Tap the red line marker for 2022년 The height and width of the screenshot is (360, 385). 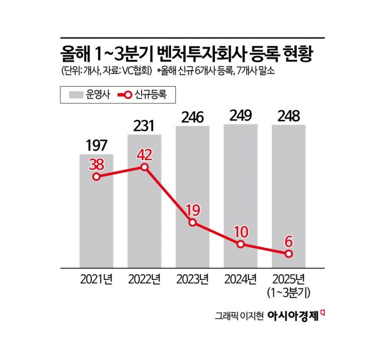click(144, 167)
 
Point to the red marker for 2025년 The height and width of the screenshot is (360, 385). click(288, 254)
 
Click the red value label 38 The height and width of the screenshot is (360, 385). click(97, 163)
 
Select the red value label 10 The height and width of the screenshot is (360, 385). click(240, 231)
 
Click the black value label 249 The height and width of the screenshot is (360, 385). click(240, 116)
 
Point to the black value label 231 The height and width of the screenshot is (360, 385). click(144, 126)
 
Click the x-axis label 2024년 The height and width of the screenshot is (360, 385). click(240, 280)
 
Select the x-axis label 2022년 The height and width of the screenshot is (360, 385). click(144, 280)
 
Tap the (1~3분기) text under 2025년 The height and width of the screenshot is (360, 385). click(288, 293)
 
